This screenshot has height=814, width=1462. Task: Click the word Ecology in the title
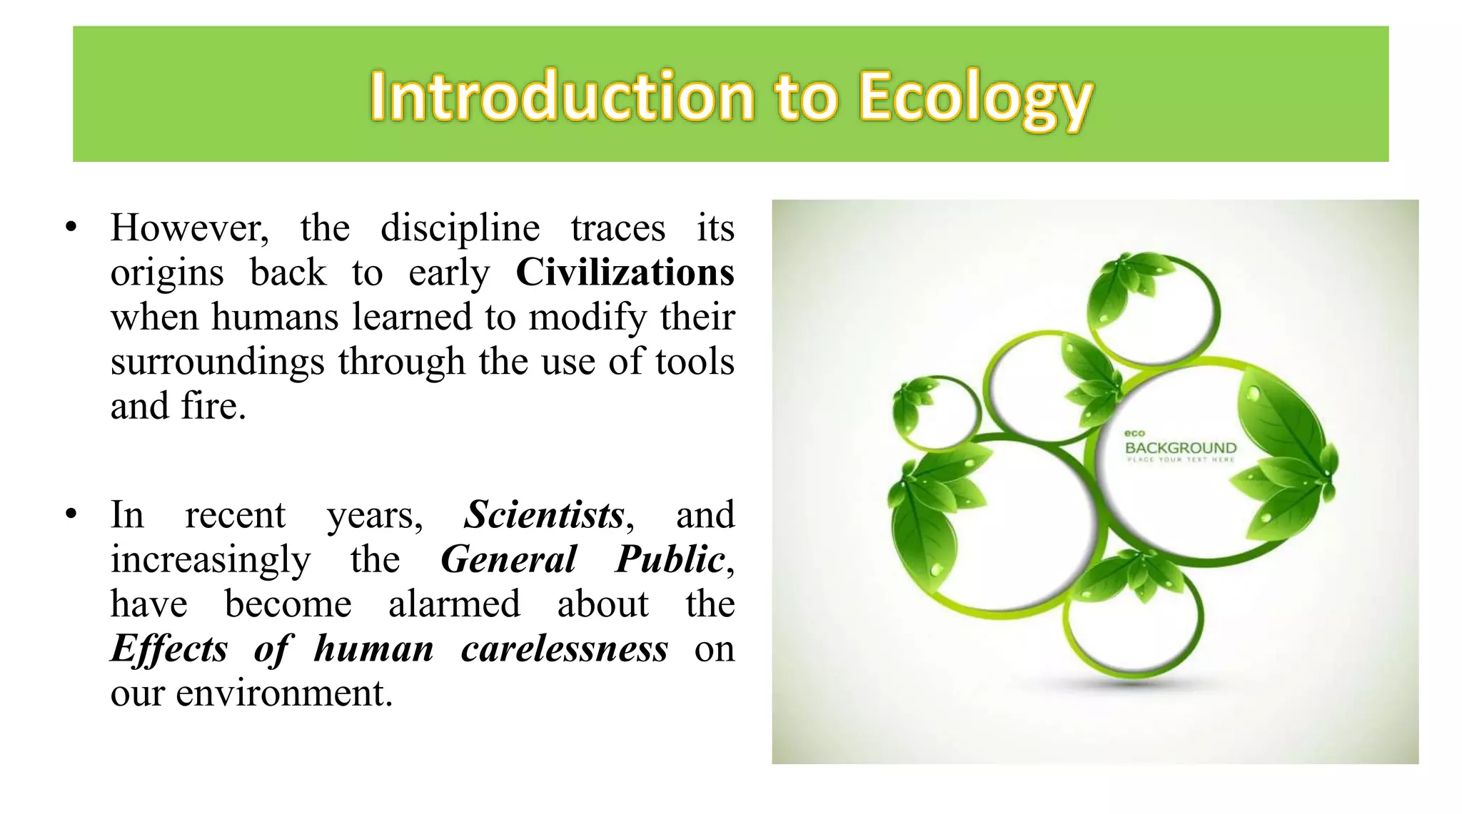point(974,98)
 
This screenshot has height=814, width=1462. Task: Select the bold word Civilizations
point(625,273)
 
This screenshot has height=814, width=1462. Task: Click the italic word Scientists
point(544,514)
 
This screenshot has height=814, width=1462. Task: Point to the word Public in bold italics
point(670,559)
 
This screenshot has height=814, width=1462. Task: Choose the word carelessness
point(564,648)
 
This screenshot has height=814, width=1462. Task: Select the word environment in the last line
point(283,693)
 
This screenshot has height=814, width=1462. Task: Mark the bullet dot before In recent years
point(70,514)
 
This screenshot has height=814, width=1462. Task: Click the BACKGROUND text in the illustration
point(1181,448)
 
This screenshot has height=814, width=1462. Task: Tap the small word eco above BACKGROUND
point(1134,433)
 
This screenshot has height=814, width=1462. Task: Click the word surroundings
point(217,362)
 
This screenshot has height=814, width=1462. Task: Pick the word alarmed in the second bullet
point(454,604)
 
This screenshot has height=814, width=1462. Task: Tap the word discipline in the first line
point(460,228)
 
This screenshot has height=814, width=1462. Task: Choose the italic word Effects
point(169,648)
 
